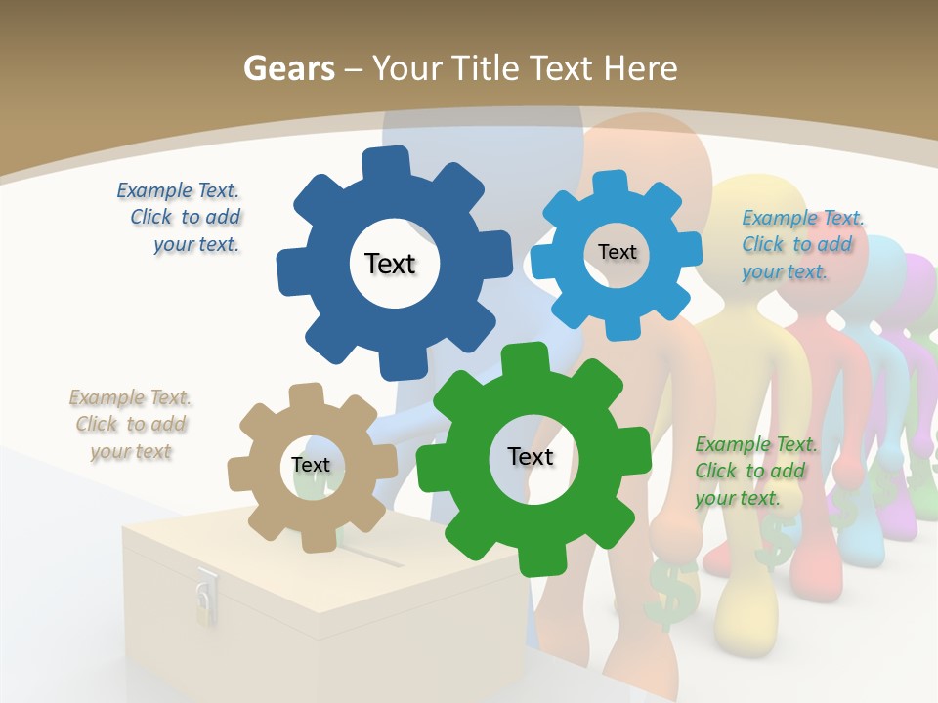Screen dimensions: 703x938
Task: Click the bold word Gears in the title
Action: pyautogui.click(x=288, y=68)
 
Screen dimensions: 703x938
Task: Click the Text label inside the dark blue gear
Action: pyautogui.click(x=390, y=264)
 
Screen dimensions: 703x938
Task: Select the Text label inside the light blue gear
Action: pyautogui.click(x=617, y=252)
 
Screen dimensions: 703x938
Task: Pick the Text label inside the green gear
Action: pyautogui.click(x=531, y=457)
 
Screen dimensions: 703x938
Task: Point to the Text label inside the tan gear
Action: pyautogui.click(x=311, y=466)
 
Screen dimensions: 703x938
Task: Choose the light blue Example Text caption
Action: pyautogui.click(x=802, y=244)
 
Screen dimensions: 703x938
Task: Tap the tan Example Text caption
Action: pyautogui.click(x=131, y=425)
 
